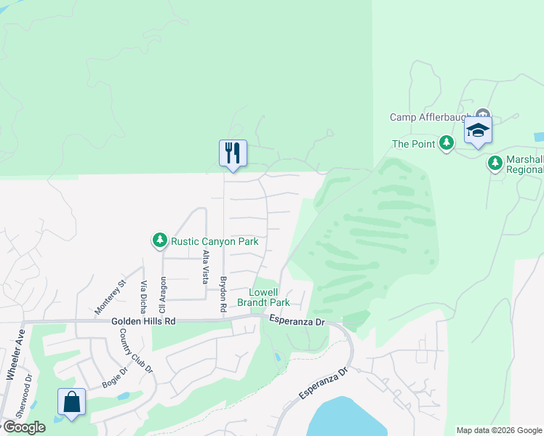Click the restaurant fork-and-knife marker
(233, 153)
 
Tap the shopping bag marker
(72, 402)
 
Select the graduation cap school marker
(478, 131)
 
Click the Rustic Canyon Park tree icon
(159, 240)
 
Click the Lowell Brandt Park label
(271, 296)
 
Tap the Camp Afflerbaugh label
(431, 117)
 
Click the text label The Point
(412, 145)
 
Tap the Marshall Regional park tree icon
(495, 163)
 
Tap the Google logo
(23, 427)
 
